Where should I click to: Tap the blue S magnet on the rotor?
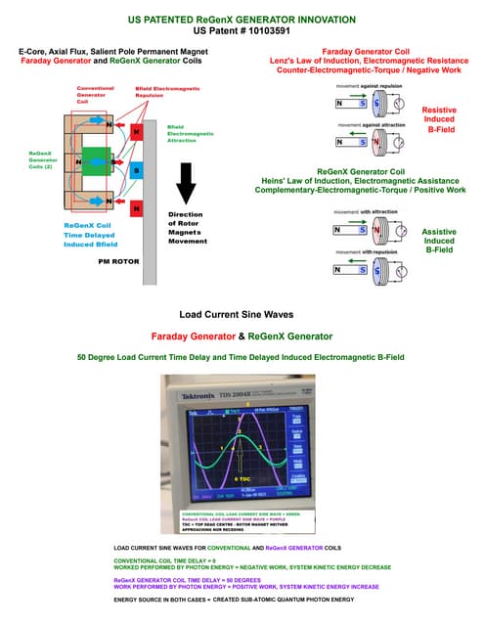[137, 170]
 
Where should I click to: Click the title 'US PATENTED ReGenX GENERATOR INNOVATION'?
[242, 19]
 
